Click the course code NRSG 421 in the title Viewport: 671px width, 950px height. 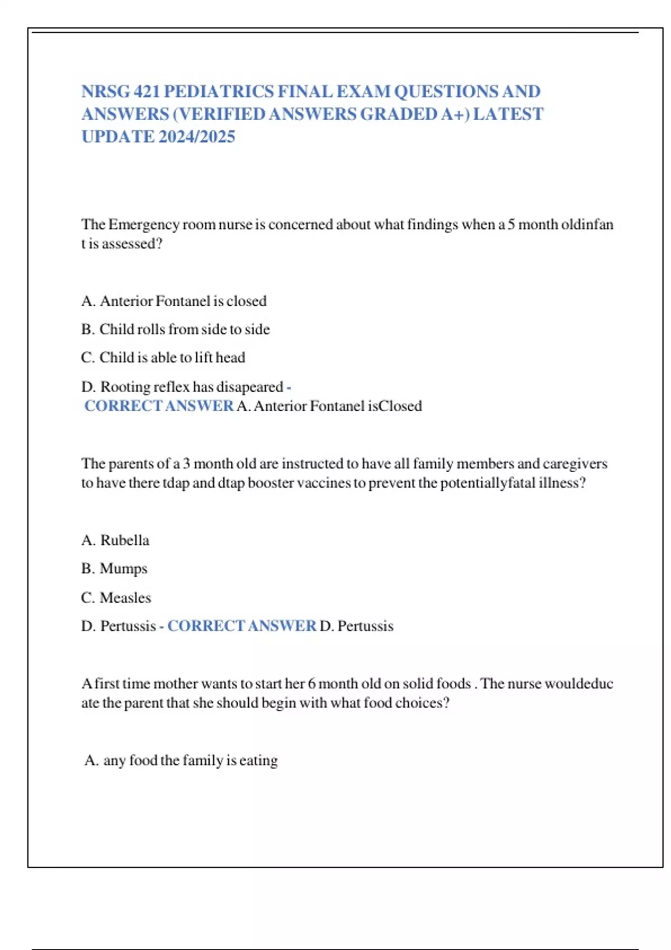pos(120,91)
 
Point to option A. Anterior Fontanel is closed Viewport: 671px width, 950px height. pos(174,301)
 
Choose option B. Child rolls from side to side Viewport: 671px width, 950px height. pos(176,330)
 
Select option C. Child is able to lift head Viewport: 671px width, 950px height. pos(163,358)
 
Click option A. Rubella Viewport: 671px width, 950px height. pos(116,540)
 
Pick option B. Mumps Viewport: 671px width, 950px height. pos(115,569)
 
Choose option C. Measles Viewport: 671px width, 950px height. pos(116,598)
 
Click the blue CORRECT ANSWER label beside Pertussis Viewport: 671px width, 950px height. pos(242,626)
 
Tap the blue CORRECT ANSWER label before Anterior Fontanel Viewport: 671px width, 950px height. pos(159,406)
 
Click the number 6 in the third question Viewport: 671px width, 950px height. pos(311,683)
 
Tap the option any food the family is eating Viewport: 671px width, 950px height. pos(181,761)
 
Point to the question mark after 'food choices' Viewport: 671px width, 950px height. pos(446,703)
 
